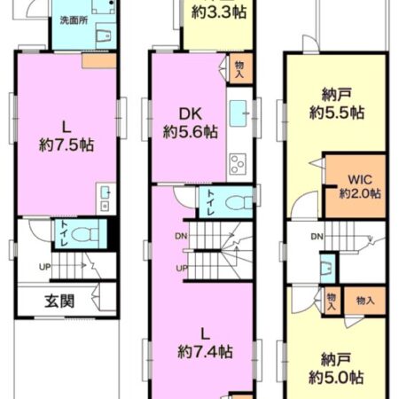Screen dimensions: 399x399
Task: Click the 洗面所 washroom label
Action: (x=73, y=19)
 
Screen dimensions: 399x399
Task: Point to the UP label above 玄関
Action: (x=44, y=267)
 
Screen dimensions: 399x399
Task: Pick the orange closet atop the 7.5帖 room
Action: (x=93, y=61)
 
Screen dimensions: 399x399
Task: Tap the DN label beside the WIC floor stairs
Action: (x=317, y=236)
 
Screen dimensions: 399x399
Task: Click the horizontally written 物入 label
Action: (x=364, y=301)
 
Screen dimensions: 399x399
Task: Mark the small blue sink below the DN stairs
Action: (x=327, y=266)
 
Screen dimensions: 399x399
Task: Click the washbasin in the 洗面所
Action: (x=100, y=36)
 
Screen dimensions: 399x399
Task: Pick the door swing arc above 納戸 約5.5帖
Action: (x=309, y=44)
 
